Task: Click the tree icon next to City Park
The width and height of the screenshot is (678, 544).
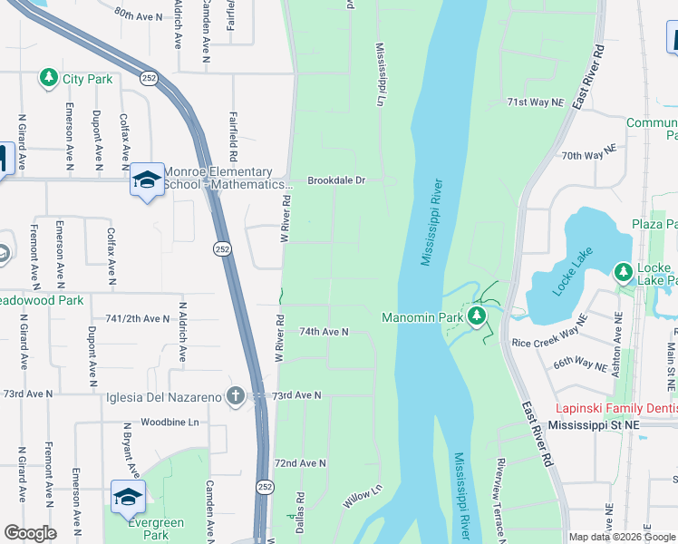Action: [x=49, y=79]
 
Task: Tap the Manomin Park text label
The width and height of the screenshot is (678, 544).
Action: [x=422, y=317]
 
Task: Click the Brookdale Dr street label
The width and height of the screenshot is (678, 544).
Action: [x=335, y=180]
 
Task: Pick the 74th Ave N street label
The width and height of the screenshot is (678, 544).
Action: [x=324, y=333]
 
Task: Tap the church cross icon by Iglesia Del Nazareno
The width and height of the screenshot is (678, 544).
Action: [x=235, y=394]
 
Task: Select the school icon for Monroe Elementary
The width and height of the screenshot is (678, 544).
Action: [x=146, y=180]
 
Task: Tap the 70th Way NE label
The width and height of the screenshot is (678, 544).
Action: [x=588, y=156]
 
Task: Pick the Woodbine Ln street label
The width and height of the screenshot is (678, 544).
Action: [x=169, y=423]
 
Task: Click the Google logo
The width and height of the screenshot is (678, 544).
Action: [x=30, y=533]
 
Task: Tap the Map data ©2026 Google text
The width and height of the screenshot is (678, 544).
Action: [x=622, y=537]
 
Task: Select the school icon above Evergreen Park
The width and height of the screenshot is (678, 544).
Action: [x=128, y=497]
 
